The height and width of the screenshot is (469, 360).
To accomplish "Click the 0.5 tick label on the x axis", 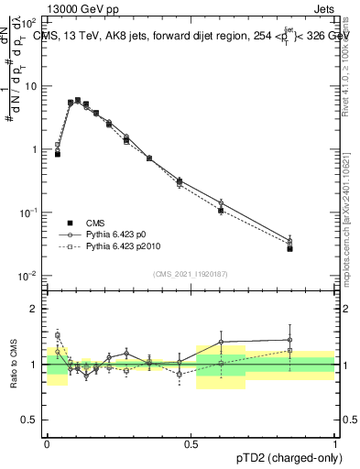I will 191,442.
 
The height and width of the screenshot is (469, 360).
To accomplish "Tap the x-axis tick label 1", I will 334,442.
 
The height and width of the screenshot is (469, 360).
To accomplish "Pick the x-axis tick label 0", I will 47,442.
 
